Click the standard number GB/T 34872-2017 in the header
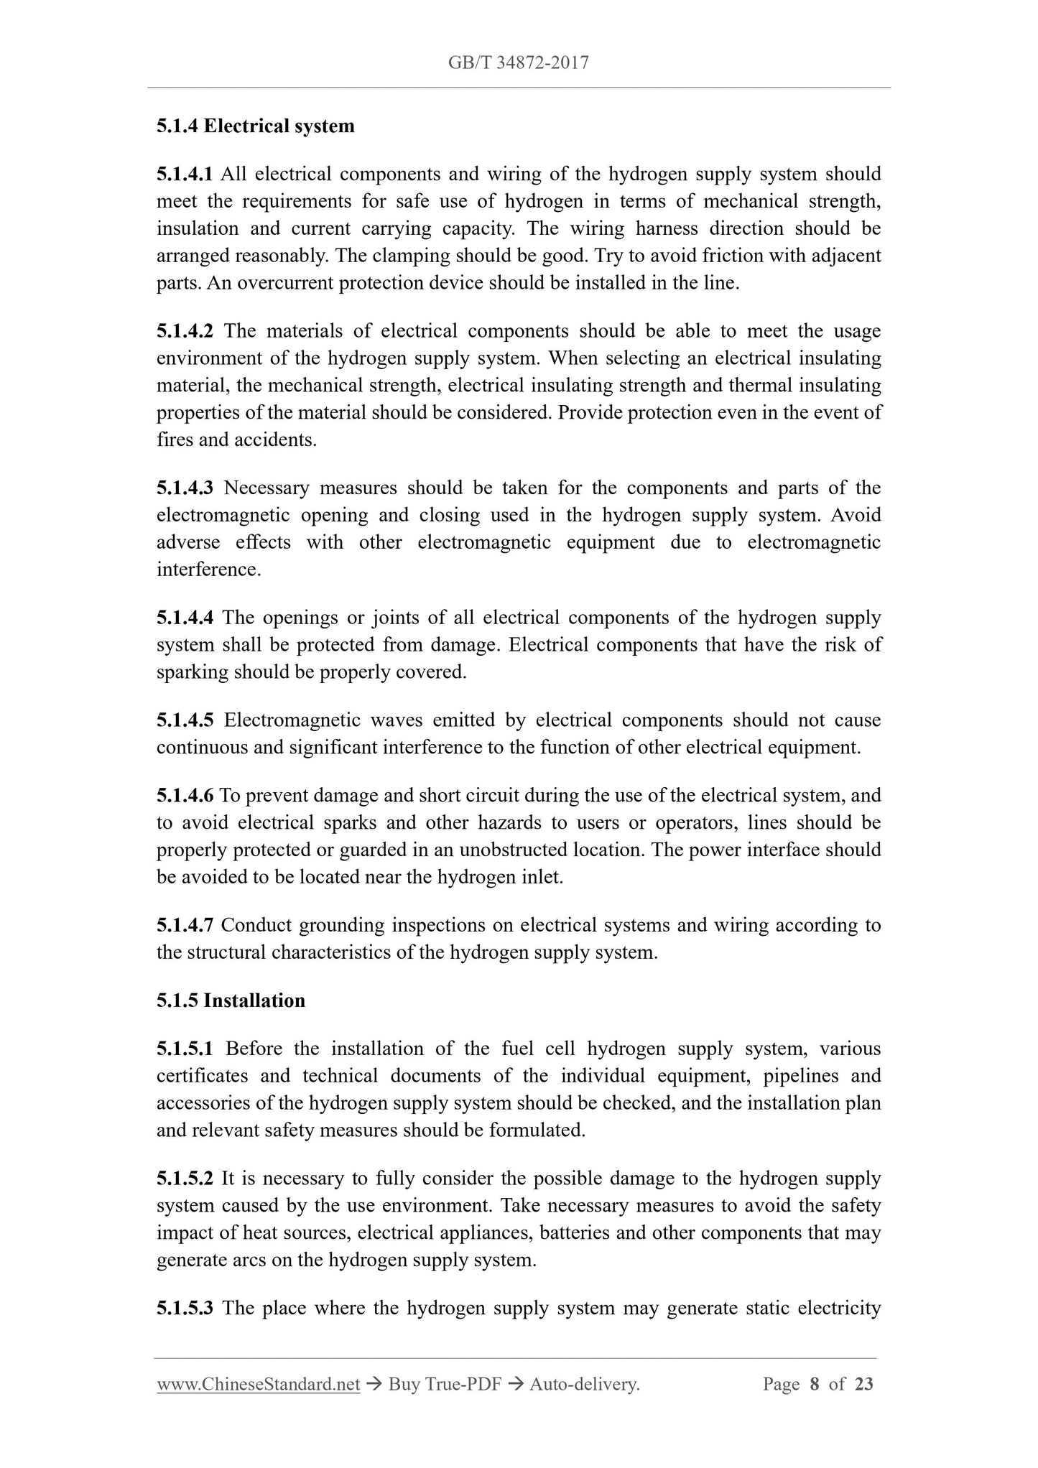518,63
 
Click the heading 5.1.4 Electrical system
256,126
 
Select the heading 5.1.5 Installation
231,1000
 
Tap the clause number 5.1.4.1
185,175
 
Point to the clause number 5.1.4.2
185,332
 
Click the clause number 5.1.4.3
185,488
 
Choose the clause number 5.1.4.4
185,618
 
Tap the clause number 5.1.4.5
185,720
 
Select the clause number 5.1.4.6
185,796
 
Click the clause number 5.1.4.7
185,926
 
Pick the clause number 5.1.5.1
185,1049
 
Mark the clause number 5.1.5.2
185,1179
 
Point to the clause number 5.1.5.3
185,1308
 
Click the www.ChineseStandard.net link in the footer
258,1385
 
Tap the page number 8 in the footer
814,1385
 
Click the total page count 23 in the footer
863,1385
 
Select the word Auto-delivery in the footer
583,1385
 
